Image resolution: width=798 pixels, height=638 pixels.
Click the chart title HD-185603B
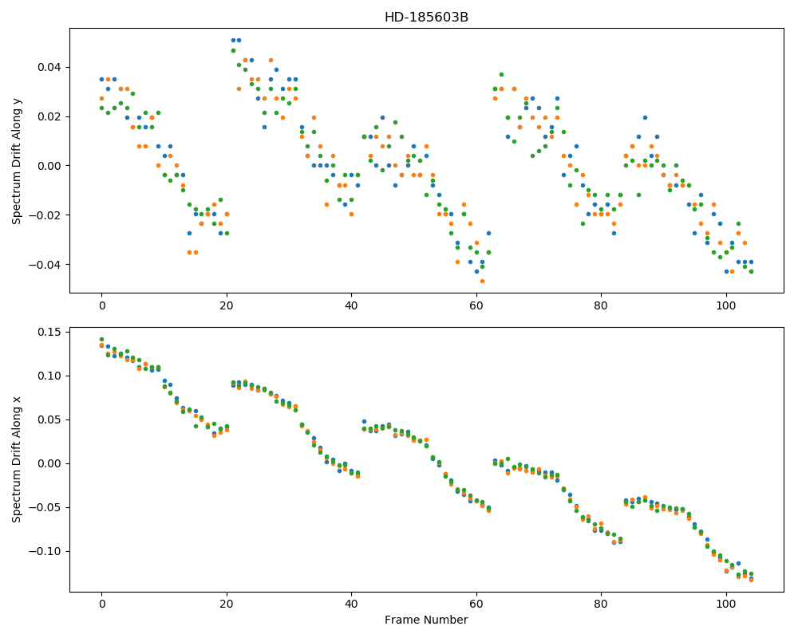426,18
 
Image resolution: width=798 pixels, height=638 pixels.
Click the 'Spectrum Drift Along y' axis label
17,160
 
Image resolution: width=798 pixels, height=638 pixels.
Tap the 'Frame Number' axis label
426,620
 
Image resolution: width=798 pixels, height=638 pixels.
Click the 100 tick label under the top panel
725,305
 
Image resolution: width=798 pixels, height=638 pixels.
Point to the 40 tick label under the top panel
351,305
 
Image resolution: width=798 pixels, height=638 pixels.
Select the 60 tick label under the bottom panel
476,604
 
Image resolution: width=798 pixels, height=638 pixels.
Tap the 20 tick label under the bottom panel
227,604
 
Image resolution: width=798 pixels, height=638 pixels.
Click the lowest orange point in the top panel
483,281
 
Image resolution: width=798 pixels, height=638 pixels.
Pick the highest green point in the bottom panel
101,340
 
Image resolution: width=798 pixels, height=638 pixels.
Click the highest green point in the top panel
233,50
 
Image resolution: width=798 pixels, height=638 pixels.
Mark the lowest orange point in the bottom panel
751,580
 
